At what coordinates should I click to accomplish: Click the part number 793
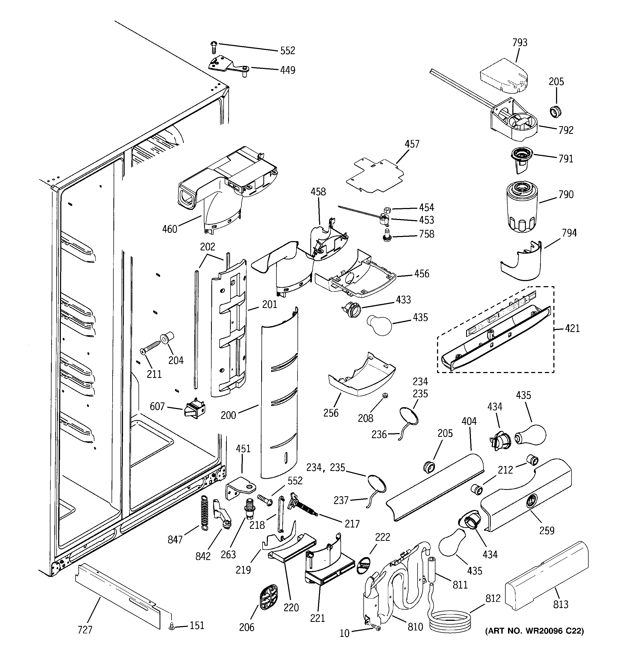coord(520,42)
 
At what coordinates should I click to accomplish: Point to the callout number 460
coord(169,229)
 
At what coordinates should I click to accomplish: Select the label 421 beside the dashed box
coord(572,329)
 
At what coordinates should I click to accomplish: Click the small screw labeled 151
coord(172,626)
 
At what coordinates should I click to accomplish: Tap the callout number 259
coord(547,530)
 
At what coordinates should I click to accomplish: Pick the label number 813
coord(561,605)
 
